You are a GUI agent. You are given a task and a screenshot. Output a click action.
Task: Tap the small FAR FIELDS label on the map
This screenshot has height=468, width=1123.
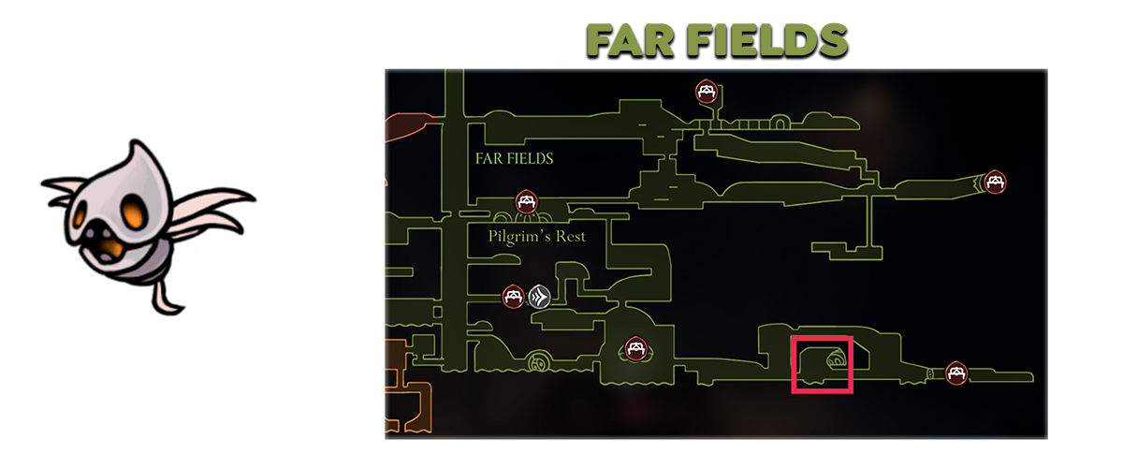coord(513,158)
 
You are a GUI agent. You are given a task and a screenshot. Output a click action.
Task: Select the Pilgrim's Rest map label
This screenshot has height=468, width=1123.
coord(536,236)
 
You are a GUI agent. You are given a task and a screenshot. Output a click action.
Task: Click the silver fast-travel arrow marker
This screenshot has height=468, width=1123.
coord(538,297)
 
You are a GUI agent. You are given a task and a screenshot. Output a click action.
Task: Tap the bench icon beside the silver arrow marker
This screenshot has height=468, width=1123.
coord(513,297)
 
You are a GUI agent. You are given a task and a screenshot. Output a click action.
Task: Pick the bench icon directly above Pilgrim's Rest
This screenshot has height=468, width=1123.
coord(526,201)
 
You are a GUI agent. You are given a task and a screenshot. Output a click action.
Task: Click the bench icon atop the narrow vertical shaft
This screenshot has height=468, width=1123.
coord(706,92)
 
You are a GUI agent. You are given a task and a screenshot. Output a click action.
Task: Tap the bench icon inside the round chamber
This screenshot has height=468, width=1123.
coord(636,350)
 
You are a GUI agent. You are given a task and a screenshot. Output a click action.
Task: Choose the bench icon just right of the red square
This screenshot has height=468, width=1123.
coord(955,373)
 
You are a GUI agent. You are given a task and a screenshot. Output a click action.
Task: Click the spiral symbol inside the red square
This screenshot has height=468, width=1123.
coord(835,360)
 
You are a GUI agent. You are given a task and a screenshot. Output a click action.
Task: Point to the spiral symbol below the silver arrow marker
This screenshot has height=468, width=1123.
coord(540,361)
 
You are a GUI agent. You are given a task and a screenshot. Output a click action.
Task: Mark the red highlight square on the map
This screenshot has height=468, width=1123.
coord(822,364)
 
